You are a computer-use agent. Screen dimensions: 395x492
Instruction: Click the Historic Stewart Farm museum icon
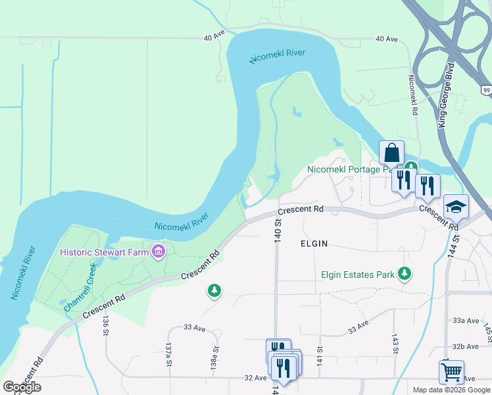click(x=158, y=251)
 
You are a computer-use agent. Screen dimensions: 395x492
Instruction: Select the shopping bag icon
click(x=391, y=153)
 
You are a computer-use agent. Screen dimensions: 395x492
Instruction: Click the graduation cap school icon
click(x=456, y=207)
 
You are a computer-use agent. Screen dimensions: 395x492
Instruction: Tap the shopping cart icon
click(x=451, y=372)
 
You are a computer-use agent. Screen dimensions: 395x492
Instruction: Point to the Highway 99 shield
click(x=485, y=90)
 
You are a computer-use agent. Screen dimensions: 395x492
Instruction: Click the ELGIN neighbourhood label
click(x=314, y=244)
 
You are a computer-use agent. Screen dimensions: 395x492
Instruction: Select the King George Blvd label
click(x=447, y=96)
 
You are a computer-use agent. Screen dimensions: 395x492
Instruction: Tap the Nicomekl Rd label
click(x=413, y=96)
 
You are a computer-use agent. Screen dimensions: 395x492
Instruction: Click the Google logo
click(x=22, y=387)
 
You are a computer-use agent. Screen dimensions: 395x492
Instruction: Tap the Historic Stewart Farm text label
click(x=104, y=252)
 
